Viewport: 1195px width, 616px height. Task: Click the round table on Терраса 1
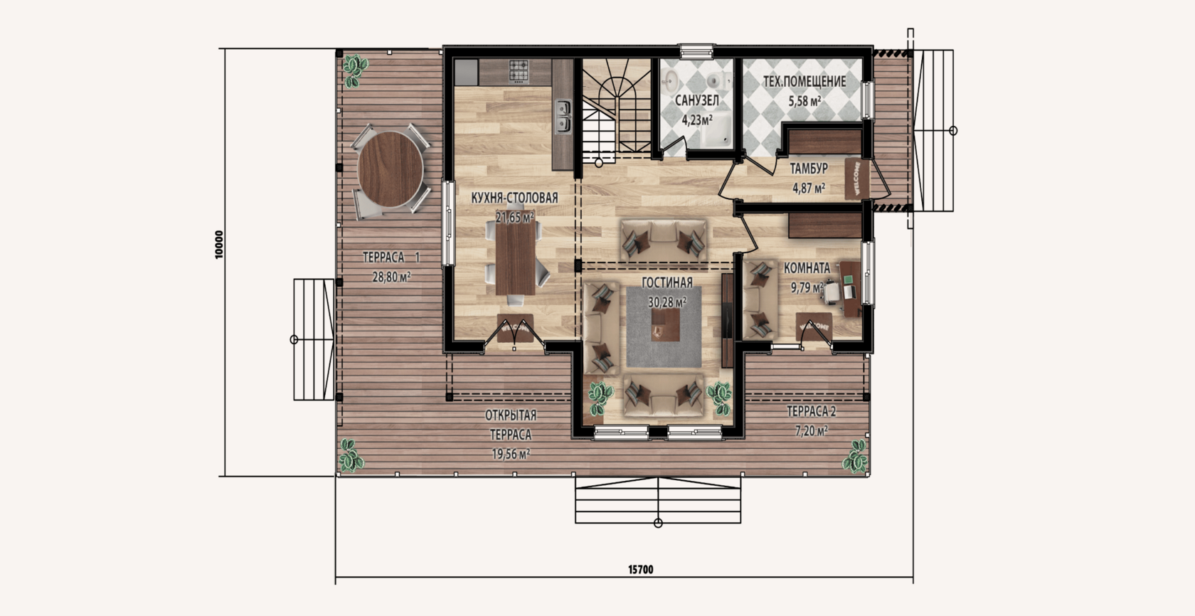pyautogui.click(x=391, y=169)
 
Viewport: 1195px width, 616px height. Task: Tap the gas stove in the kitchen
pyautogui.click(x=519, y=72)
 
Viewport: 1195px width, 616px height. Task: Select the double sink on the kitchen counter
pyautogui.click(x=562, y=116)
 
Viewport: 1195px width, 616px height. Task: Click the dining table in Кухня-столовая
pyautogui.click(x=515, y=258)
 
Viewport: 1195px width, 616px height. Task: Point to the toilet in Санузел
pyautogui.click(x=716, y=80)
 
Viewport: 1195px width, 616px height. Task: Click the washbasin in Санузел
pyautogui.click(x=669, y=82)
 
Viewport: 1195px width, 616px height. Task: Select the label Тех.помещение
pyautogui.click(x=804, y=82)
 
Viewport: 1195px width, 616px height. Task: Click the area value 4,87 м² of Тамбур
pyautogui.click(x=809, y=188)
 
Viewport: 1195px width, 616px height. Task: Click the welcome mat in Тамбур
pyautogui.click(x=856, y=179)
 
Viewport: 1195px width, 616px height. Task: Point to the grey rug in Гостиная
pyautogui.click(x=664, y=327)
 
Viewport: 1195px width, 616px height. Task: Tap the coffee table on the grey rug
pyautogui.click(x=666, y=325)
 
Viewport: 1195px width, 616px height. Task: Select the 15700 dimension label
pyautogui.click(x=640, y=570)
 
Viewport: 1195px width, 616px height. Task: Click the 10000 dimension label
pyautogui.click(x=219, y=245)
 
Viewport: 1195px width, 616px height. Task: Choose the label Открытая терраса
pyautogui.click(x=511, y=425)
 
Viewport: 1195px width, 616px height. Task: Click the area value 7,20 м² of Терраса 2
pyautogui.click(x=812, y=430)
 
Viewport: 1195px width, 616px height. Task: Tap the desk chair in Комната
pyautogui.click(x=832, y=292)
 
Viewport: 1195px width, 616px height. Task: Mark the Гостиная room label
pyautogui.click(x=667, y=282)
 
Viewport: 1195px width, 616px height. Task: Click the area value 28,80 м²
pyautogui.click(x=391, y=277)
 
